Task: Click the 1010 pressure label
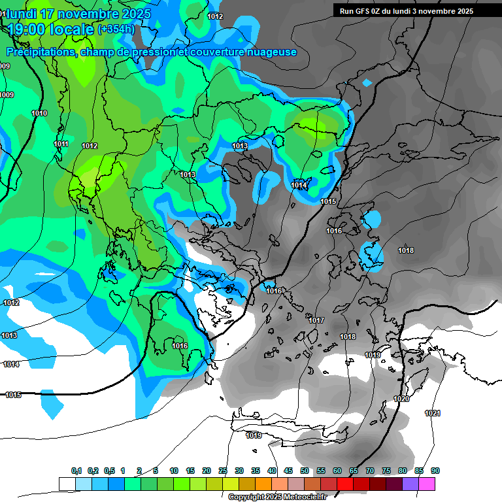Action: tap(39, 113)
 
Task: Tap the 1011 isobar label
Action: tap(61, 144)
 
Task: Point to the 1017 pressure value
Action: tap(316, 320)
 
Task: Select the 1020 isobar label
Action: tap(401, 399)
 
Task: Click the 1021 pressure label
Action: tap(433, 413)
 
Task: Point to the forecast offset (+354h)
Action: tap(116, 29)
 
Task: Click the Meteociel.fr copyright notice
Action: tap(286, 497)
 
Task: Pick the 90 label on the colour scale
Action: tap(435, 471)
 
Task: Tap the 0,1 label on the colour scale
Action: tap(76, 471)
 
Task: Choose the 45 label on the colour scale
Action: tap(288, 471)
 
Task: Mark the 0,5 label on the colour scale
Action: tap(109, 471)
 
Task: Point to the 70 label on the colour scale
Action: tap(370, 471)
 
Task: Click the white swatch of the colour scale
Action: tap(67, 484)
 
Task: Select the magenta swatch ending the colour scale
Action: tap(427, 484)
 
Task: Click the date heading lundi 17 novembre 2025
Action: tap(78, 13)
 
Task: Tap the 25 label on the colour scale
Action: tap(223, 471)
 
